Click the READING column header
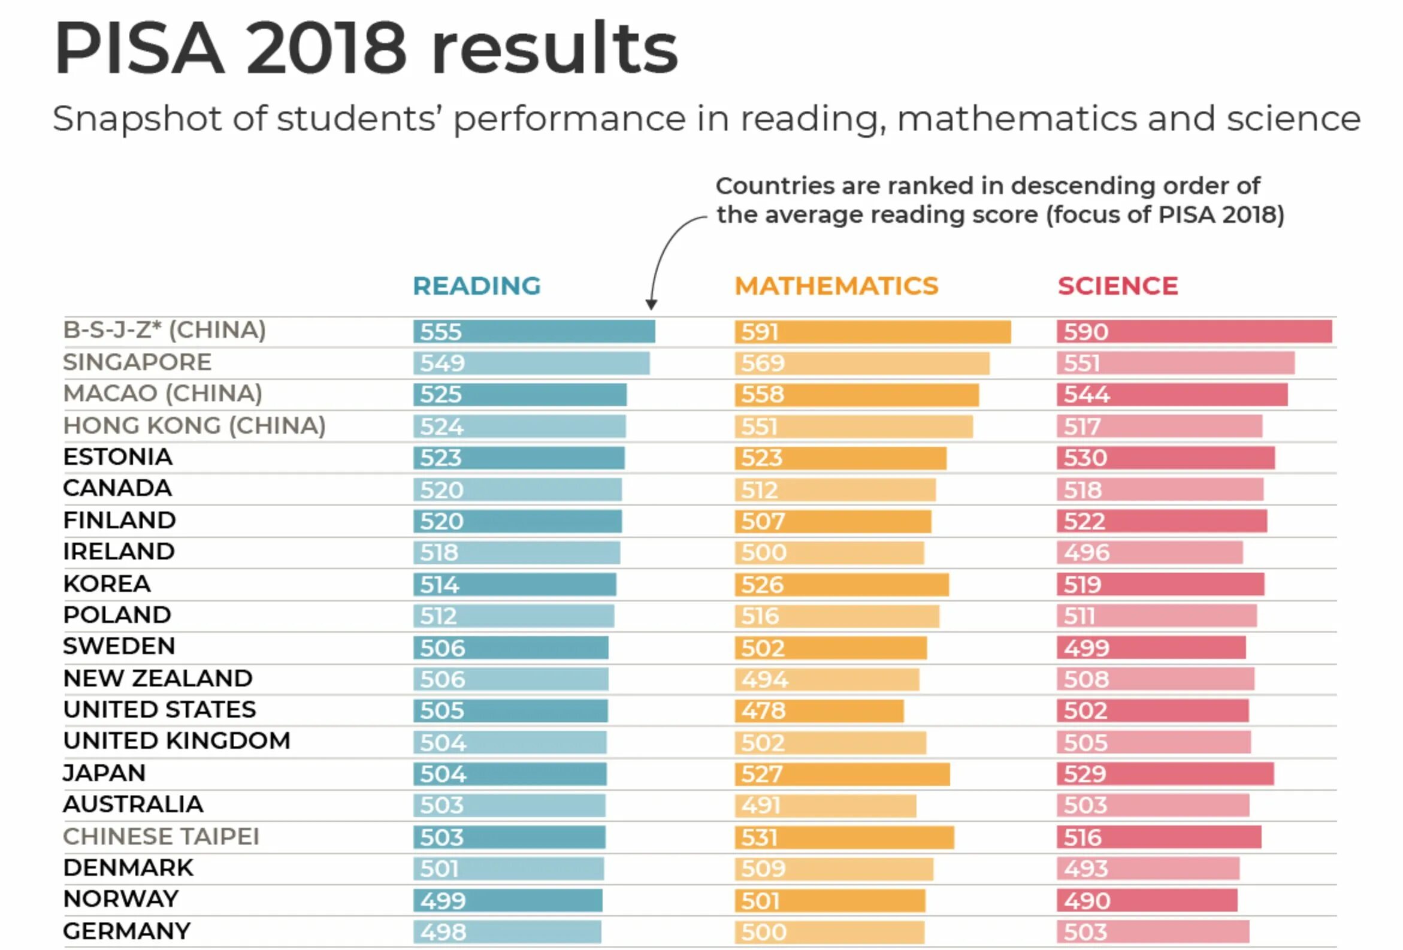tap(476, 286)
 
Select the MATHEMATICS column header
tap(836, 286)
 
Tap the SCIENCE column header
tap(1117, 286)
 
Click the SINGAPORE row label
tap(137, 362)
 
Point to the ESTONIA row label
tap(118, 457)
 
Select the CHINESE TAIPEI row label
tap(161, 837)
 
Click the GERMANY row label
tap(127, 931)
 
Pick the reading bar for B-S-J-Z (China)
tap(534, 332)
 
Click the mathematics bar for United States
tap(819, 711)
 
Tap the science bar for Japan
tap(1165, 774)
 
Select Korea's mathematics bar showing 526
tap(842, 585)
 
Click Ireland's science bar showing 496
tap(1150, 553)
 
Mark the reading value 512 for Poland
tap(439, 616)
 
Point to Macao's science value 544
tap(1087, 395)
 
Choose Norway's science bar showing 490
tap(1147, 900)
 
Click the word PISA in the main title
tap(139, 49)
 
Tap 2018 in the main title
tap(326, 49)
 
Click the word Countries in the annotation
tap(774, 186)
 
